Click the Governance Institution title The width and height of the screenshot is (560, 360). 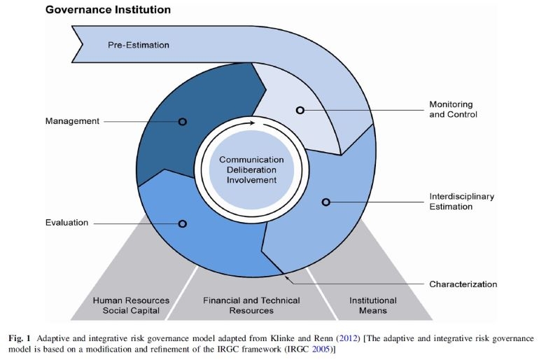click(x=108, y=11)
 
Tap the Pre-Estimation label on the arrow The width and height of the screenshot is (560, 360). click(x=139, y=45)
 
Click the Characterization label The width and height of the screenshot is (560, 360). click(x=463, y=284)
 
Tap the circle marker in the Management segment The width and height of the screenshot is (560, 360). click(x=183, y=121)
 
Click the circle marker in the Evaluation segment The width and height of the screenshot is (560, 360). click(x=183, y=223)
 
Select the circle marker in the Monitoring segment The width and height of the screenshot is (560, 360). click(x=300, y=111)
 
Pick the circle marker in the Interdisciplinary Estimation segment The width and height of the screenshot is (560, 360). click(x=325, y=202)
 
